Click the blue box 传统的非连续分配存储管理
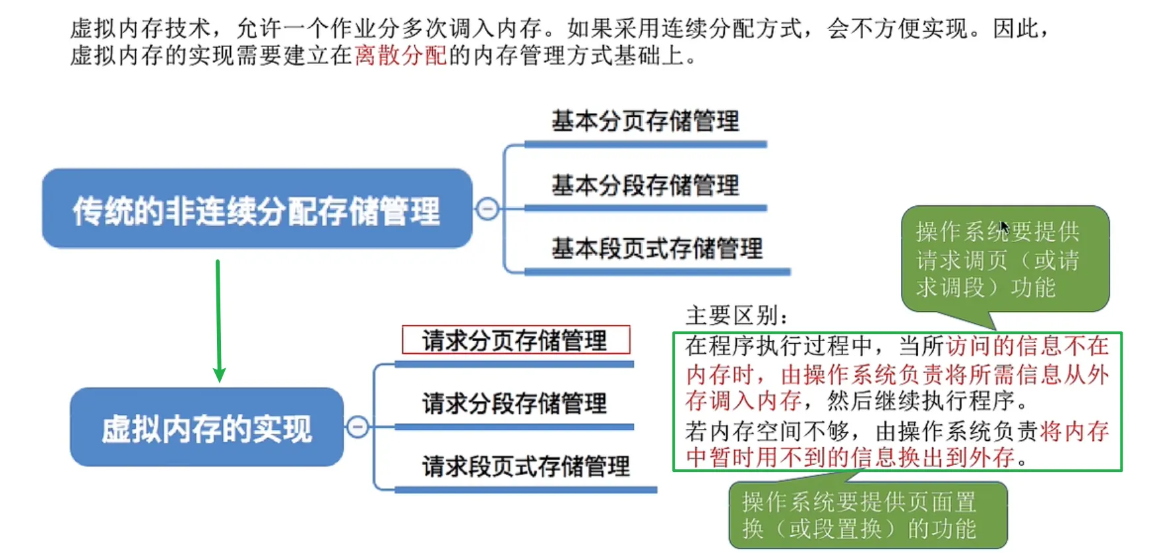(257, 209)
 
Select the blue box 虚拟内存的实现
(206, 427)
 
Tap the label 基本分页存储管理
(645, 121)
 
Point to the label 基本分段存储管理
(645, 185)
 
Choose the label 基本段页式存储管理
(657, 249)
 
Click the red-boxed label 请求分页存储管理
(516, 340)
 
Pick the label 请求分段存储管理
(515, 403)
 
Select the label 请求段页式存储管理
(526, 467)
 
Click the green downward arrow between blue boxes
(218, 321)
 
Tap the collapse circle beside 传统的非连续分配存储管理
(487, 209)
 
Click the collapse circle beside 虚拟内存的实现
(358, 426)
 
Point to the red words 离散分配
(401, 55)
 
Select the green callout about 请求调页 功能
(1005, 259)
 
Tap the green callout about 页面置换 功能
(869, 515)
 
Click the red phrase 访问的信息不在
(1028, 346)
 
